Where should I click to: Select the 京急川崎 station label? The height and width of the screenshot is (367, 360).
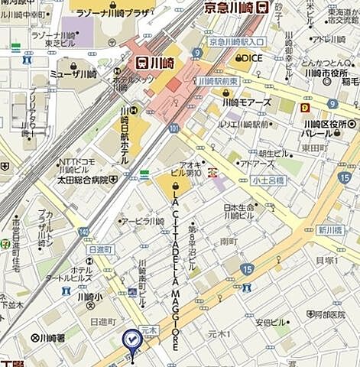pyautogui.click(x=227, y=7)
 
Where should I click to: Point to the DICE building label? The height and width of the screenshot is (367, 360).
pyautogui.click(x=251, y=57)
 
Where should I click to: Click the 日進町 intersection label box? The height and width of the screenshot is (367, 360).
pyautogui.click(x=100, y=249)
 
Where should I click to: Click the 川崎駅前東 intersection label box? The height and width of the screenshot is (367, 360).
pyautogui.click(x=218, y=80)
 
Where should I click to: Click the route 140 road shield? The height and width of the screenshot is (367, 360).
pyautogui.click(x=83, y=231)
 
